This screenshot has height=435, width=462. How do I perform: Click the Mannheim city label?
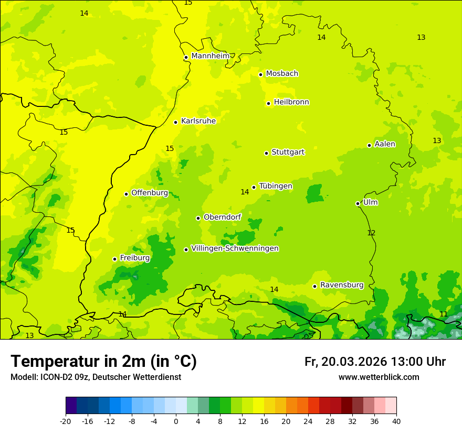click(210, 56)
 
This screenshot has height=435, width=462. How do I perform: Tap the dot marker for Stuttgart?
click(266, 153)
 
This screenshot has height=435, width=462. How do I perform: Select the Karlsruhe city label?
click(198, 121)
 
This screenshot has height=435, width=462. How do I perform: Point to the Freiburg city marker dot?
click(114, 259)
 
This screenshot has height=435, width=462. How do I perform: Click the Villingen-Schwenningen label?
click(235, 248)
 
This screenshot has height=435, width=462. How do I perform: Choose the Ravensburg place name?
click(341, 285)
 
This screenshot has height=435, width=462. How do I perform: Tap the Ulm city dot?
click(358, 203)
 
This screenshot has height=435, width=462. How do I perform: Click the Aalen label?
click(384, 144)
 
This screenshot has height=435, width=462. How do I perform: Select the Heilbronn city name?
click(291, 102)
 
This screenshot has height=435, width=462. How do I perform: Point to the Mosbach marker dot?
click(260, 74)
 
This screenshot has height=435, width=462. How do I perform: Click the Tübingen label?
click(275, 186)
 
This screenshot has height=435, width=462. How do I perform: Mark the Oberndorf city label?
click(222, 217)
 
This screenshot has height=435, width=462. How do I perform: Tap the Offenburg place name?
click(149, 193)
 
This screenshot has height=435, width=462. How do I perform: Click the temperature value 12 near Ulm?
click(371, 233)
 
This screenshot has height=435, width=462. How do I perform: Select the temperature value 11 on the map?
click(444, 314)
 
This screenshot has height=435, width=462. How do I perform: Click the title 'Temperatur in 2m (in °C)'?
click(103, 361)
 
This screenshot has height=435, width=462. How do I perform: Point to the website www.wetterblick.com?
click(379, 377)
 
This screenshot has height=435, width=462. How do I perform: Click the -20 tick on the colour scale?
click(66, 421)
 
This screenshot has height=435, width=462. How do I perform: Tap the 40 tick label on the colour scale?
click(396, 421)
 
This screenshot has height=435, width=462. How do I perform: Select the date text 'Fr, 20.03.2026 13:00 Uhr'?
click(375, 362)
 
